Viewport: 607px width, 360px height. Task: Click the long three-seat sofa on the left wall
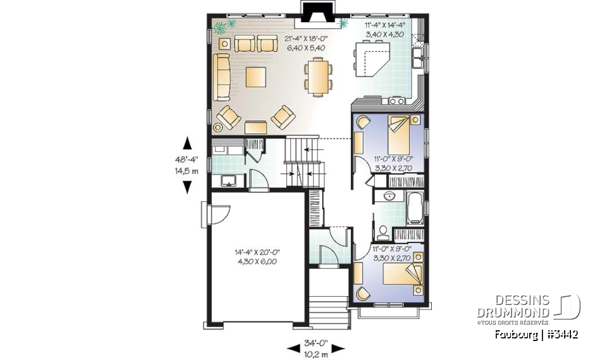point(221,77)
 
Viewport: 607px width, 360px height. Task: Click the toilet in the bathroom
point(383,230)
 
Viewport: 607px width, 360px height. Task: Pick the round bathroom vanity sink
point(388,197)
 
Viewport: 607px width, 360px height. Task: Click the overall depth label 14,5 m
point(187,171)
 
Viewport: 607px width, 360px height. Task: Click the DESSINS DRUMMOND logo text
point(513,307)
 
